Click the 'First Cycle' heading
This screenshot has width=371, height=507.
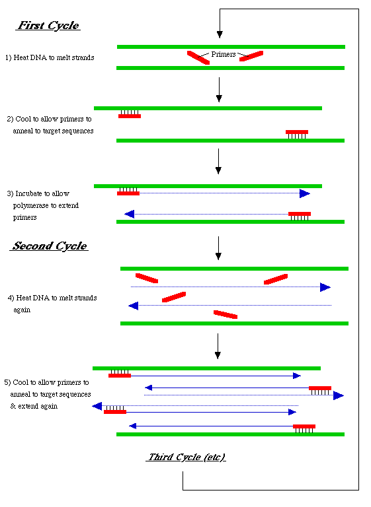pyautogui.click(x=48, y=26)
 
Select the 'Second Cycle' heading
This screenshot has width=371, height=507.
pyautogui.click(x=49, y=246)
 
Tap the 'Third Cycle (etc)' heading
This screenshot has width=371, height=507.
pyautogui.click(x=186, y=457)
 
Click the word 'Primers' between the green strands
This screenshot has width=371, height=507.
pyautogui.click(x=224, y=54)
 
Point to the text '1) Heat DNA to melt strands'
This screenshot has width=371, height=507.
pyautogui.click(x=50, y=57)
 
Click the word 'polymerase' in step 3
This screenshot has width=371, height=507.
pyautogui.click(x=31, y=206)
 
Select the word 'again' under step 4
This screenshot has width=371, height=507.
pyautogui.click(x=22, y=310)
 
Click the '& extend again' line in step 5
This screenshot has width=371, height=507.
pyautogui.click(x=34, y=406)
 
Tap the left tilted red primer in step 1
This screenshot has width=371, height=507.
pyautogui.click(x=198, y=57)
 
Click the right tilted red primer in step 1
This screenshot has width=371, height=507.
pyautogui.click(x=251, y=56)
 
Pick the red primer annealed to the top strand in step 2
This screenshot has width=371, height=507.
pyautogui.click(x=130, y=116)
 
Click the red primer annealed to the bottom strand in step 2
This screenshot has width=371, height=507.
pyautogui.click(x=297, y=132)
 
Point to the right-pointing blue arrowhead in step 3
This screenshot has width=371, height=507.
pyautogui.click(x=305, y=193)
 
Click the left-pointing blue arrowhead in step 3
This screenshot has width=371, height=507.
pyautogui.click(x=130, y=214)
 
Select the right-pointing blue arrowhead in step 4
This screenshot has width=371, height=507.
pyautogui.click(x=325, y=287)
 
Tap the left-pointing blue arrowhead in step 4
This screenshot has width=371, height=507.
pyautogui.click(x=134, y=306)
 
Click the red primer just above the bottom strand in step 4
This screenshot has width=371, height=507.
pyautogui.click(x=226, y=314)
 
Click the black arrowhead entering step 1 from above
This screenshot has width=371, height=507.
pyautogui.click(x=220, y=34)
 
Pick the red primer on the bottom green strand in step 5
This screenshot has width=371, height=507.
pyautogui.click(x=304, y=426)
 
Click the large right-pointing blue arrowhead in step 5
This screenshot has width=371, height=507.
pyautogui.click(x=339, y=395)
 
